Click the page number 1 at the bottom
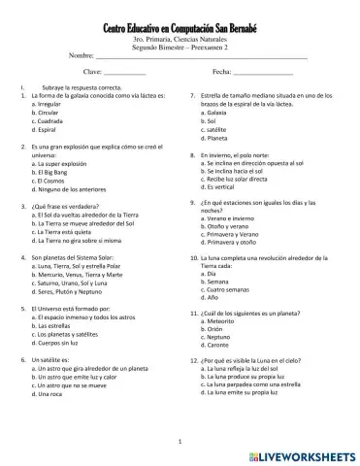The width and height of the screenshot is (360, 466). click(180, 442)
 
